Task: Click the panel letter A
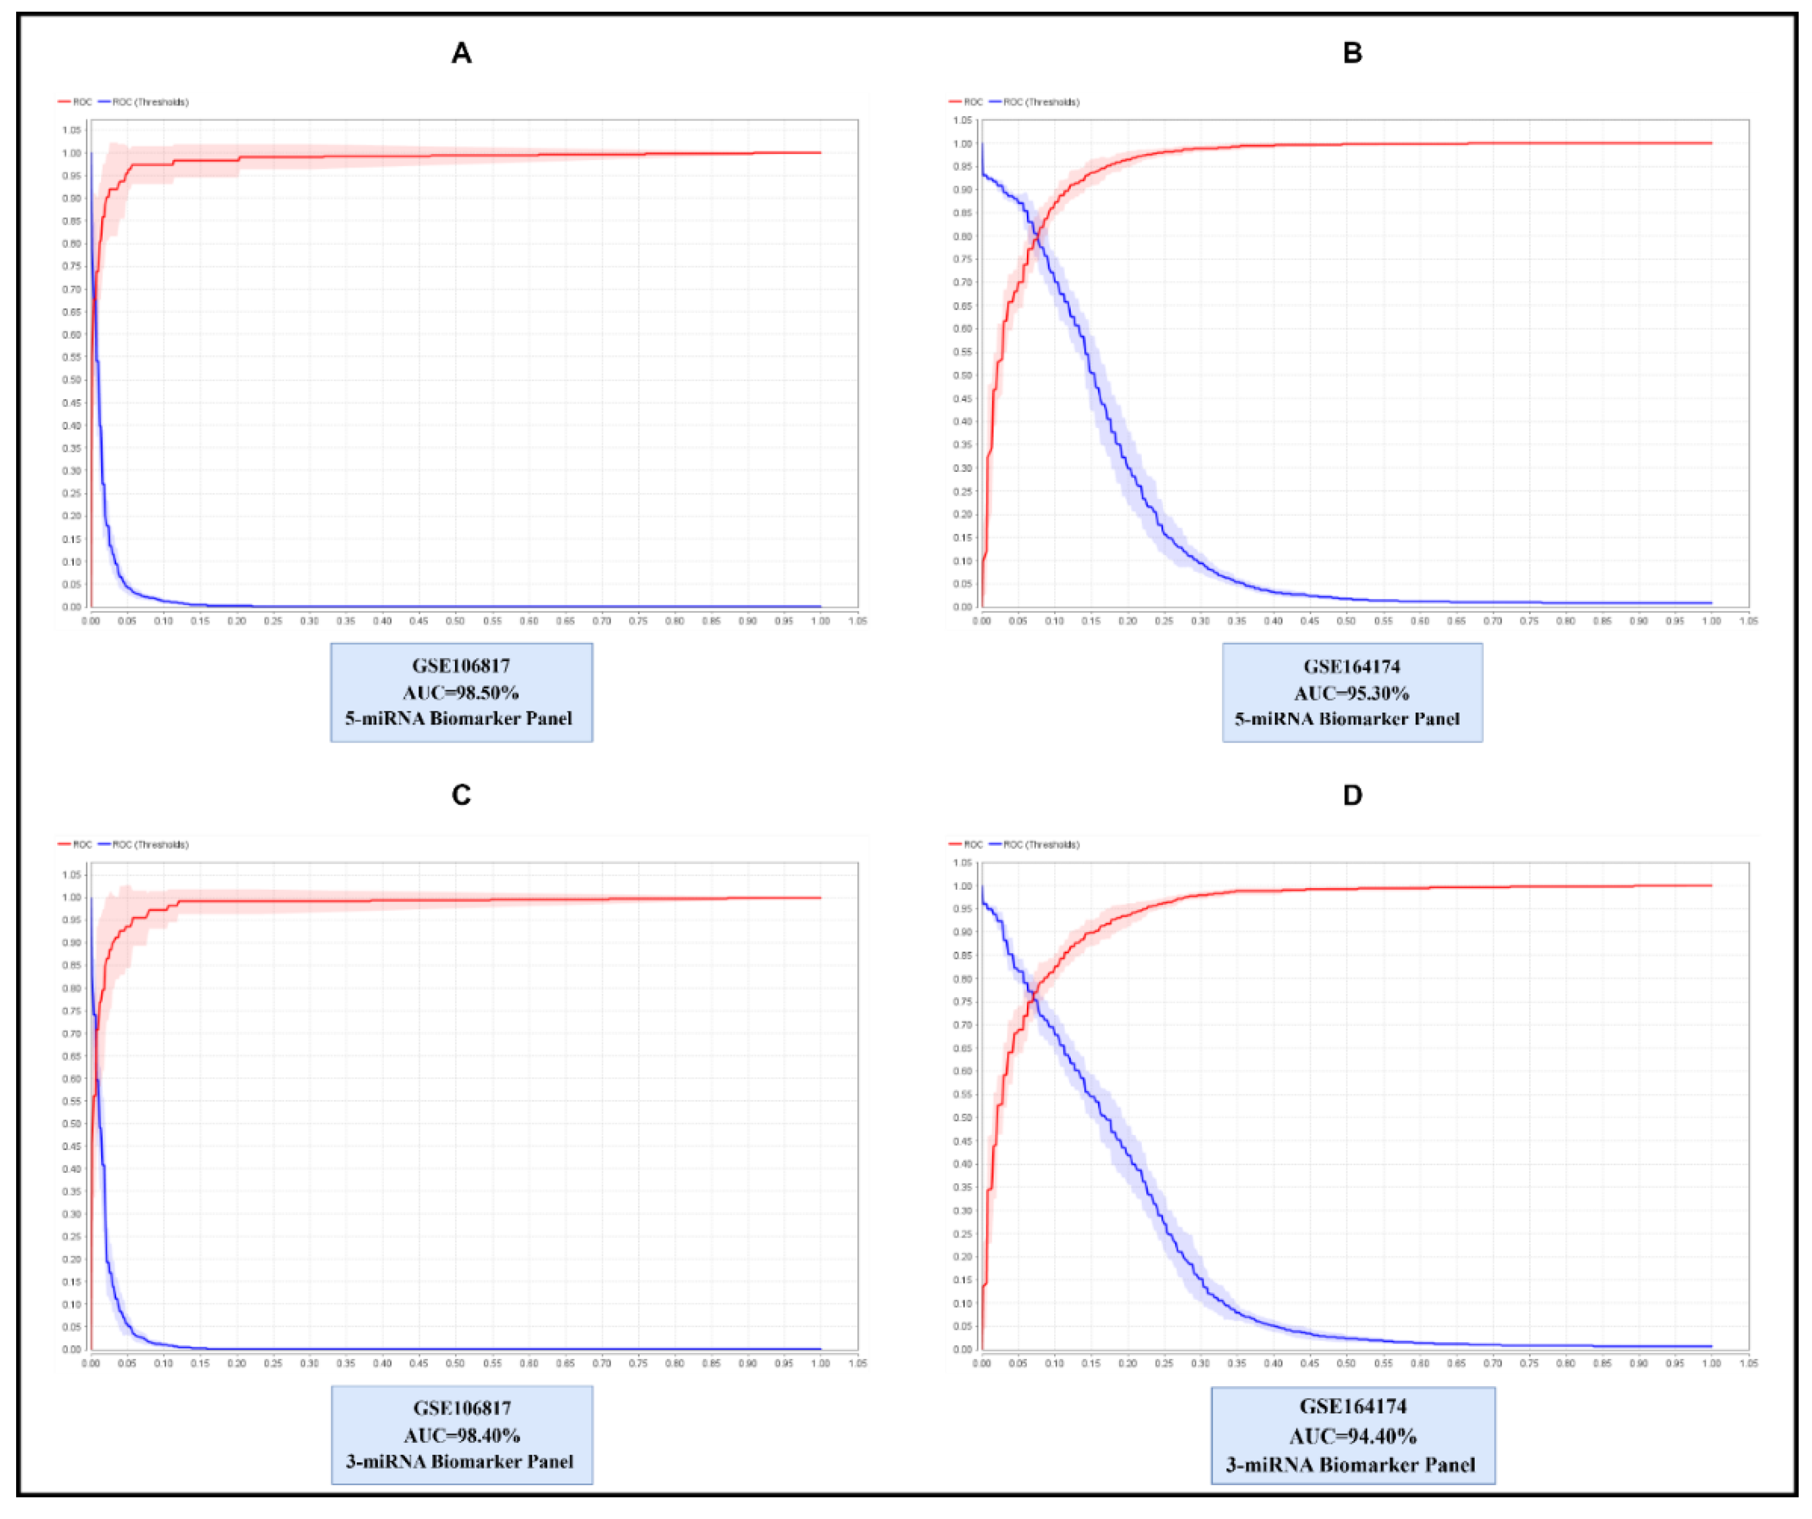tap(462, 53)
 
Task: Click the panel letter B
tap(1352, 53)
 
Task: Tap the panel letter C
tap(462, 795)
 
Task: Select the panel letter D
tap(1352, 795)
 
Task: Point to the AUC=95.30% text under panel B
tap(1351, 693)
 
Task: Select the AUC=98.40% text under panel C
tap(462, 1435)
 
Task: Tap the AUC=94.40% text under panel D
tap(1352, 1436)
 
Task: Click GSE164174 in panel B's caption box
tap(1351, 666)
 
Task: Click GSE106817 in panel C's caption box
tap(462, 1408)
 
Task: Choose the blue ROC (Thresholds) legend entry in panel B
tap(1035, 102)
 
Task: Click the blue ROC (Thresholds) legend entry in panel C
tap(144, 844)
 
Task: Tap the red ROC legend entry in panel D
tap(966, 844)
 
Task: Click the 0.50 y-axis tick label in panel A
tap(72, 380)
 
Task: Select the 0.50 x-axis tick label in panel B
tap(1346, 620)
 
